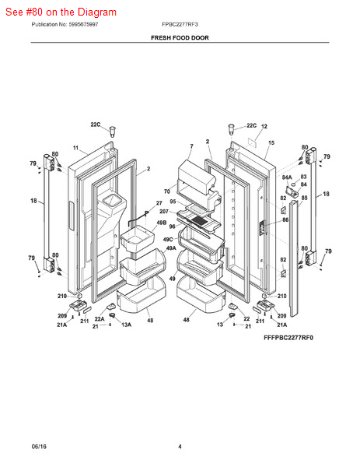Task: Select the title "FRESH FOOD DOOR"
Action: [x=180, y=37]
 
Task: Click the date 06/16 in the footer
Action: [x=40, y=446]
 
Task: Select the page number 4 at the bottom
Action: [x=180, y=446]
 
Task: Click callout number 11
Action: [x=76, y=148]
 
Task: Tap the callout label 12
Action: [x=264, y=126]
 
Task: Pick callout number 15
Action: [x=271, y=143]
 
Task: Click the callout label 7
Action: [x=190, y=146]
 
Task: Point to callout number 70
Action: [x=166, y=191]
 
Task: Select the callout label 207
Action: [x=164, y=212]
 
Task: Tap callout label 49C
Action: [x=167, y=240]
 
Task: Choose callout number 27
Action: [x=159, y=203]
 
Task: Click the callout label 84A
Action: [x=287, y=177]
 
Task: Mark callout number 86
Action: [x=285, y=220]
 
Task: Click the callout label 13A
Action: [x=125, y=325]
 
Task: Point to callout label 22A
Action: [x=100, y=318]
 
